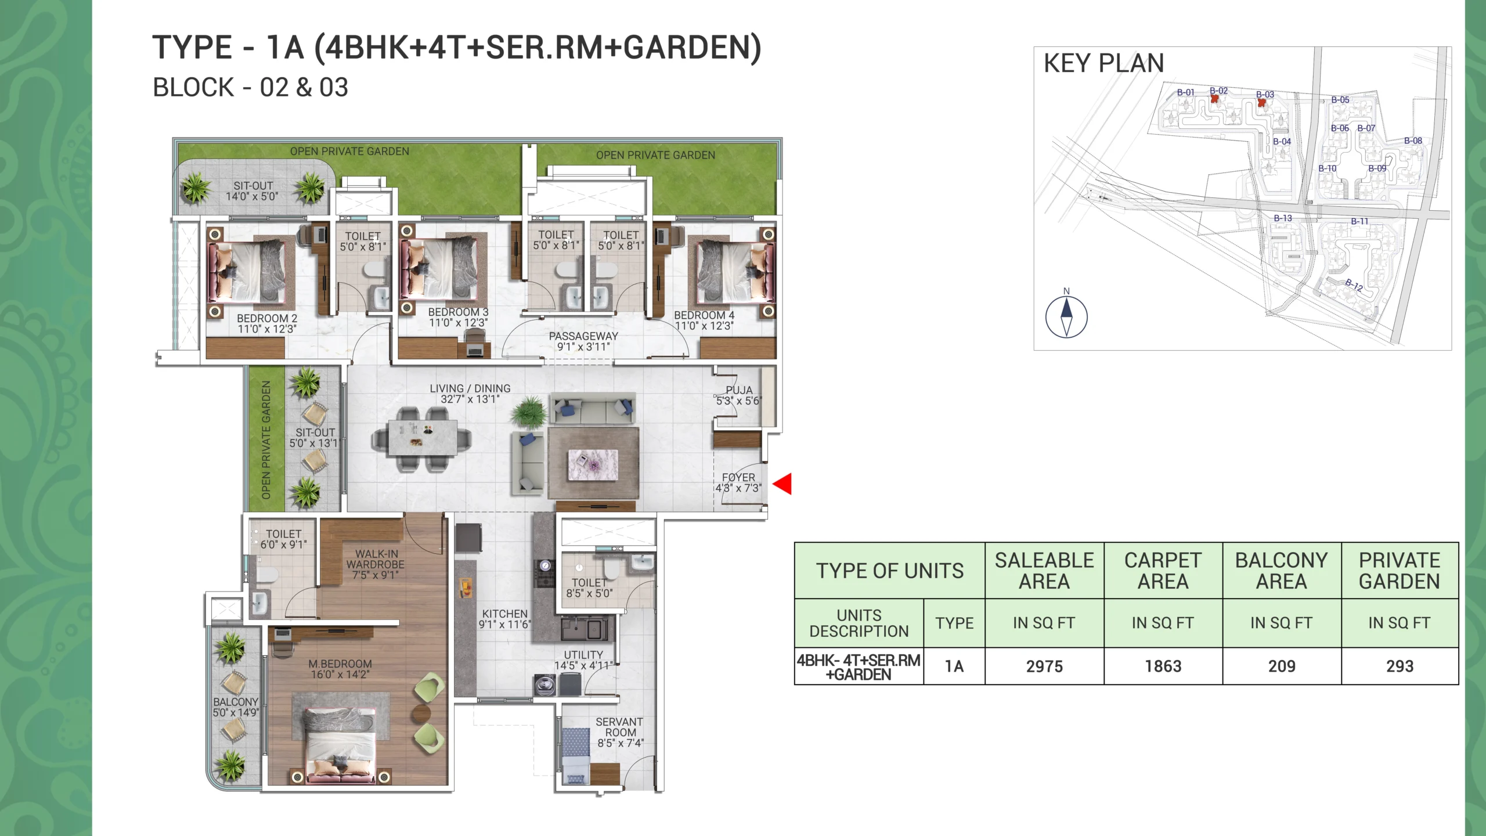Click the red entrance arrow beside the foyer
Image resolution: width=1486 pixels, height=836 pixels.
pos(782,484)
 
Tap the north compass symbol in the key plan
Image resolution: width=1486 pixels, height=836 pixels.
pos(1066,317)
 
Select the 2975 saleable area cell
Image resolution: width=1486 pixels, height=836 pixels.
pos(1044,666)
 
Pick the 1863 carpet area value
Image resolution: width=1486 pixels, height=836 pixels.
pos(1163,666)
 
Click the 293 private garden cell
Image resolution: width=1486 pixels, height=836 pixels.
pos(1400,666)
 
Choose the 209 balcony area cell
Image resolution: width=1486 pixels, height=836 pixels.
pos(1282,666)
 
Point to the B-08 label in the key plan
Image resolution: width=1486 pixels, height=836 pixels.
pos(1413,140)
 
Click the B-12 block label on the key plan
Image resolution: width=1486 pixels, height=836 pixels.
pos(1354,284)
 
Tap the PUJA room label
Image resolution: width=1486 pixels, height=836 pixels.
pos(739,390)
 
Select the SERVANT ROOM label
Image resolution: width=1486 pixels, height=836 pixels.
pos(619,727)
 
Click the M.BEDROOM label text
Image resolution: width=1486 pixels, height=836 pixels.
pos(340,664)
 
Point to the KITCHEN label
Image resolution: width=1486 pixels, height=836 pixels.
pos(505,614)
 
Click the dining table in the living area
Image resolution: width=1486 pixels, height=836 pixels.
pos(422,438)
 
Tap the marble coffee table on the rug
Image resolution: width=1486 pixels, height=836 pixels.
pos(593,465)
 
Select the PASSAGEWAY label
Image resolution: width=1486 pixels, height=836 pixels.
pos(583,336)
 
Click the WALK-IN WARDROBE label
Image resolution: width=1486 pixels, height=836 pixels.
pos(376,559)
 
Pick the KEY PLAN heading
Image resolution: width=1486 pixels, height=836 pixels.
pos(1104,63)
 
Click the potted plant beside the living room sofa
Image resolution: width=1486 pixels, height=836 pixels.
pos(528,412)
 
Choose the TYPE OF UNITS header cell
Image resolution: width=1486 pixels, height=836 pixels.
pos(890,571)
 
